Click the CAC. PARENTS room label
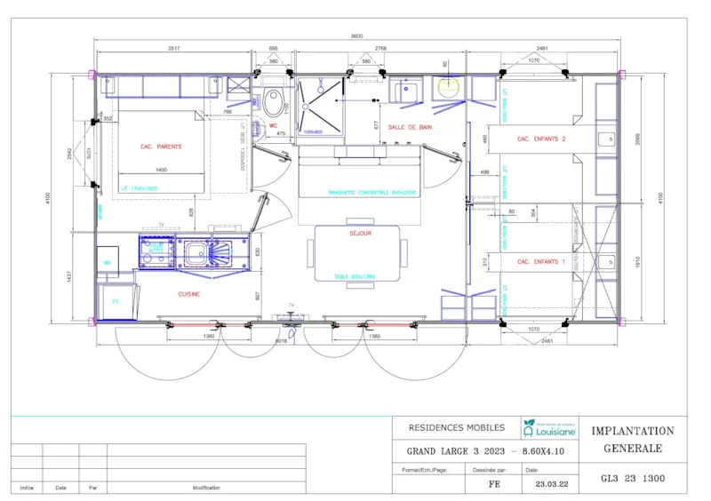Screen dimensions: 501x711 pyautogui.click(x=161, y=147)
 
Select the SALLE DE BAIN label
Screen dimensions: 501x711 pyautogui.click(x=410, y=127)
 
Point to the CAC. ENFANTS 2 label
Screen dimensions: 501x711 pyautogui.click(x=541, y=139)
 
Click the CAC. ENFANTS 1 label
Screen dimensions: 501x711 pyautogui.click(x=541, y=262)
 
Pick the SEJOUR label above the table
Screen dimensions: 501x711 pyautogui.click(x=360, y=234)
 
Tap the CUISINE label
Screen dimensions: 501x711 pyautogui.click(x=188, y=294)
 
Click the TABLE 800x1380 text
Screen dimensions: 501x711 pyautogui.click(x=356, y=277)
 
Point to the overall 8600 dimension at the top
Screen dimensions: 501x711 pyautogui.click(x=356, y=36)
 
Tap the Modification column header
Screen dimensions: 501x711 pyautogui.click(x=206, y=488)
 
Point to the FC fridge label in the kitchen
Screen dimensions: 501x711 pyautogui.click(x=116, y=301)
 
